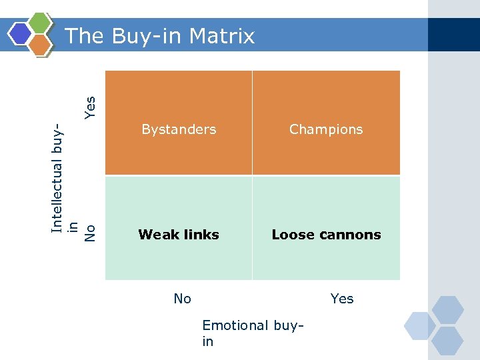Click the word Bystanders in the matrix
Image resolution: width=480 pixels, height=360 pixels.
point(179,129)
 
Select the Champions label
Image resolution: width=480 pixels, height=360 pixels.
point(326,129)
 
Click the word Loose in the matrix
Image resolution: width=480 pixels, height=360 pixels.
point(294,235)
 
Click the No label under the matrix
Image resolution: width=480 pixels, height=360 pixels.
point(182,299)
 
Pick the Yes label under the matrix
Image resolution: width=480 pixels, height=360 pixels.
point(342,299)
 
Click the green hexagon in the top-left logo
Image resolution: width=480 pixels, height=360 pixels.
point(41,24)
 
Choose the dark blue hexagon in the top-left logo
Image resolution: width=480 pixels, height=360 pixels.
point(21,33)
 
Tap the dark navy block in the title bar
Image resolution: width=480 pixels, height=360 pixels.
point(453,35)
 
